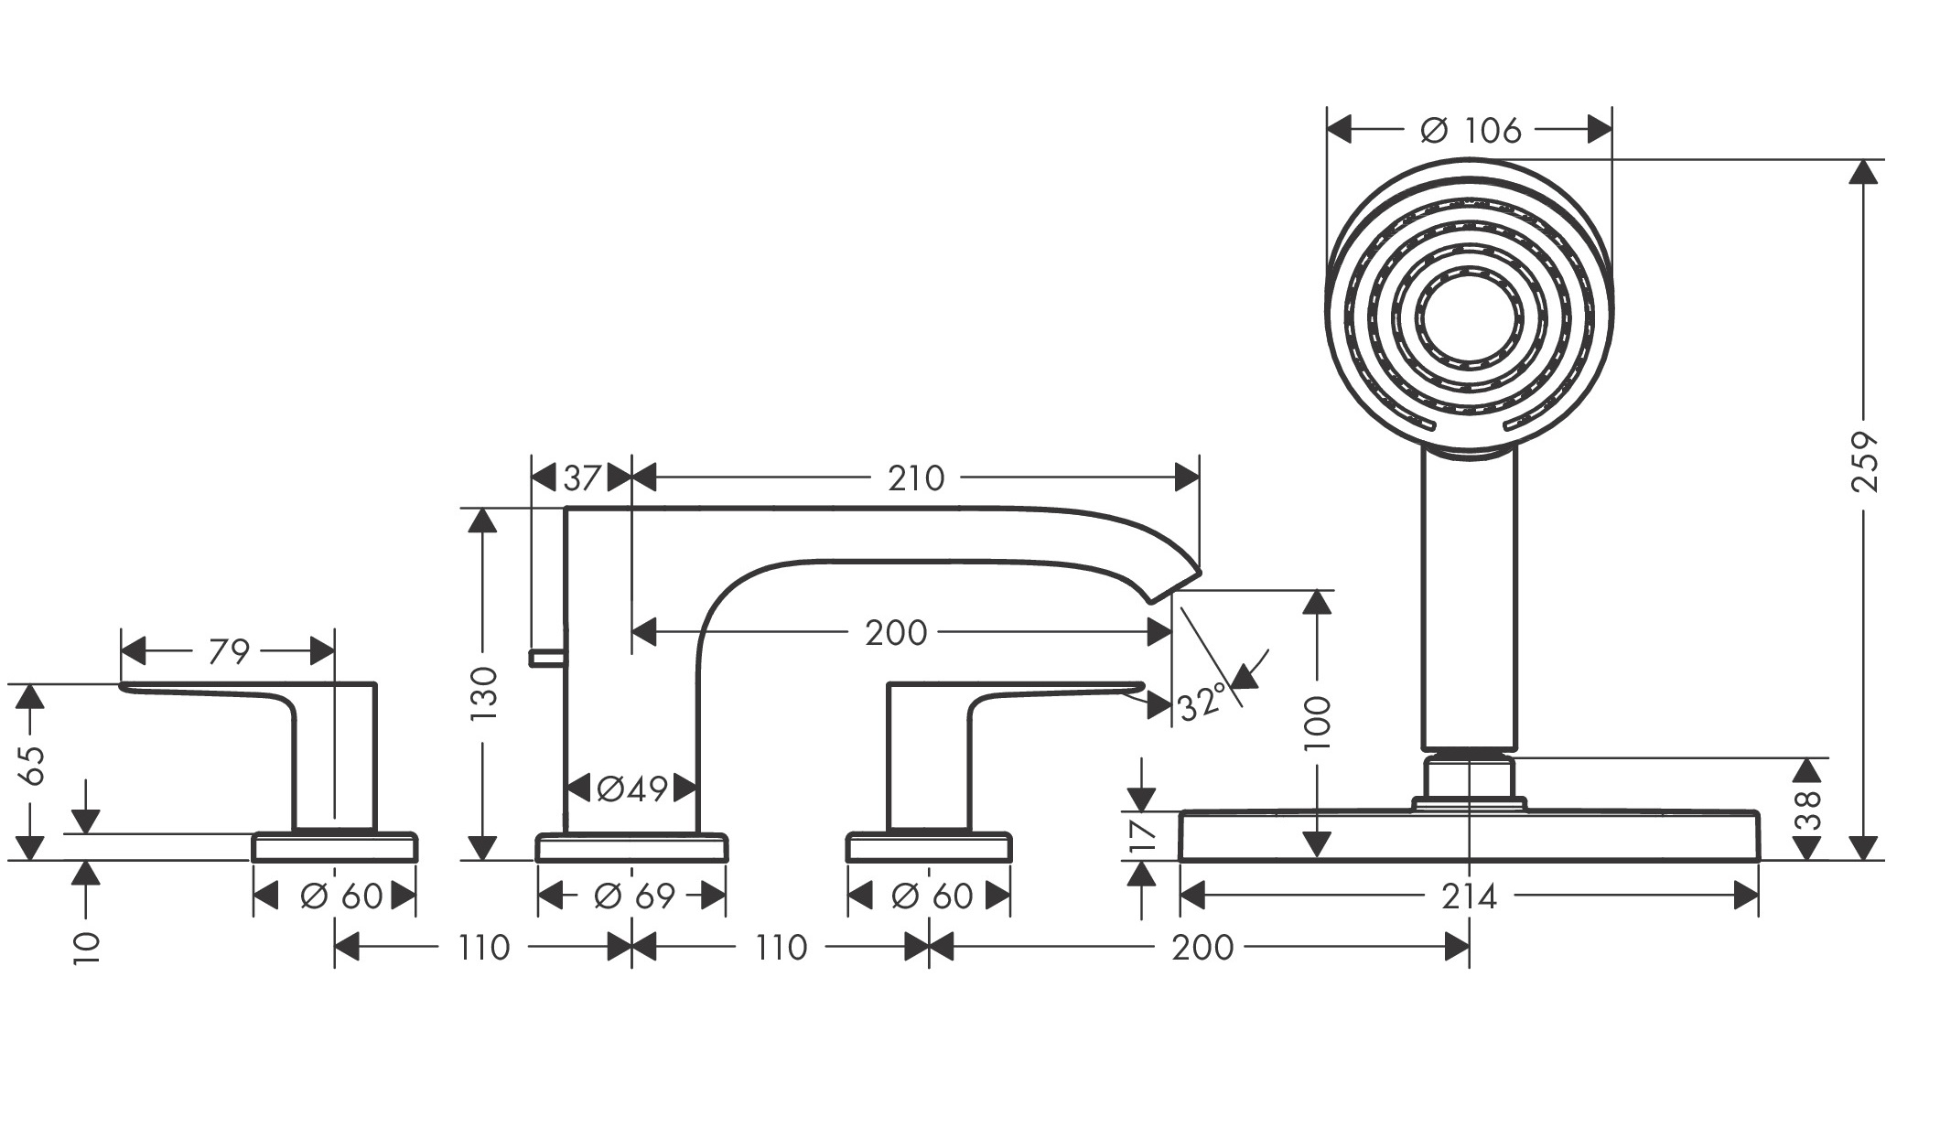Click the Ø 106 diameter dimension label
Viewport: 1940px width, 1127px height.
click(x=1471, y=130)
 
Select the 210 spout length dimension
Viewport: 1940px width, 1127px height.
click(x=916, y=477)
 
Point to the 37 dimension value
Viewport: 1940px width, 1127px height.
click(x=582, y=477)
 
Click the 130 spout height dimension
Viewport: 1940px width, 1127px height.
click(x=483, y=692)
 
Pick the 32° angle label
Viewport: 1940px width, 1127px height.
click(x=1202, y=703)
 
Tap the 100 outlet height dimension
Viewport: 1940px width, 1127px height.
click(x=1318, y=722)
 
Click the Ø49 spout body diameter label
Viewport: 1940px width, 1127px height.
click(x=632, y=788)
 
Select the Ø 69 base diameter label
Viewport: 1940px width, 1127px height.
click(x=634, y=896)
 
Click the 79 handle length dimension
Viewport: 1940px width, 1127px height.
click(x=229, y=651)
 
